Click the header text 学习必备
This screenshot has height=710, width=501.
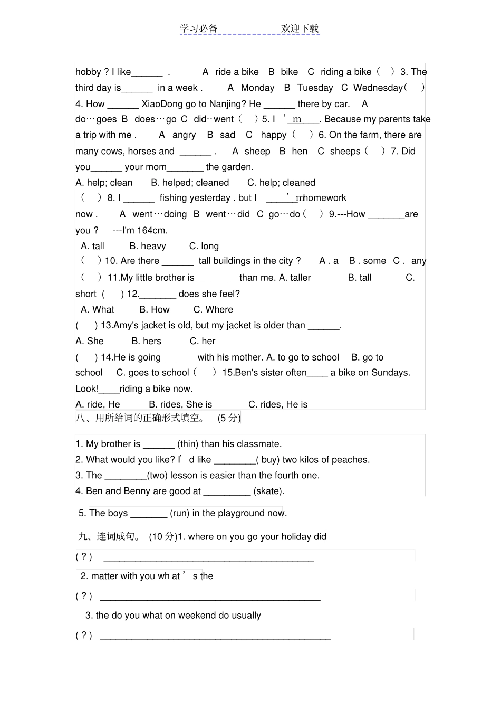pos(198,29)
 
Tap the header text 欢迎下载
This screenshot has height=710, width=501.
pos(300,29)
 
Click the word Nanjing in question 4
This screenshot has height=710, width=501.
pos(228,103)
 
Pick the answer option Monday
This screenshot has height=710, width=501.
pos(257,88)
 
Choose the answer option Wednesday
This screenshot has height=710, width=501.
pos(378,88)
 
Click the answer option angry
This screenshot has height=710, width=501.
pos(184,135)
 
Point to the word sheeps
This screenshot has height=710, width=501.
pos(345,152)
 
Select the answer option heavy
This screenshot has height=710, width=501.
pos(153,246)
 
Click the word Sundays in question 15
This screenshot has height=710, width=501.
pos(390,373)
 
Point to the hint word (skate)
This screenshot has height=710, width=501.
pos(268,491)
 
